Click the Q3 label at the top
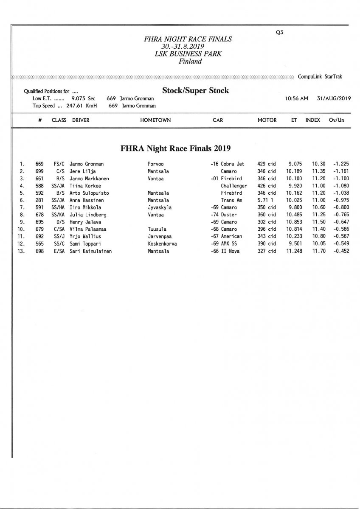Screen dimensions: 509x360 [279, 32]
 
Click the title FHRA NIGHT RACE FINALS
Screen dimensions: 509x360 [188, 39]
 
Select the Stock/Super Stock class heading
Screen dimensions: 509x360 [195, 90]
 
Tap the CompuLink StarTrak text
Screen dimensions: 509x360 [320, 77]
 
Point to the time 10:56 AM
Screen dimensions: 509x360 [298, 98]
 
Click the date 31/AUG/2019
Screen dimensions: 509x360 [333, 98]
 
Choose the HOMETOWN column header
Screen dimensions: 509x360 [155, 120]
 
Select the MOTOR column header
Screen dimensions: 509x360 [267, 120]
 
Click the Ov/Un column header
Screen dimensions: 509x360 [336, 120]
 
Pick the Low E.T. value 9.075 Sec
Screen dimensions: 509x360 [83, 98]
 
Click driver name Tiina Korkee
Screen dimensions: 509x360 [85, 186]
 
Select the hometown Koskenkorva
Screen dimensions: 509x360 [162, 244]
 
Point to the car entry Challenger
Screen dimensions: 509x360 [233, 186]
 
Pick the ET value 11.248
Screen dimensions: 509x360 [295, 251]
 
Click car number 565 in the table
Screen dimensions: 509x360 [39, 244]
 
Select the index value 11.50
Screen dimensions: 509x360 [319, 222]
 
